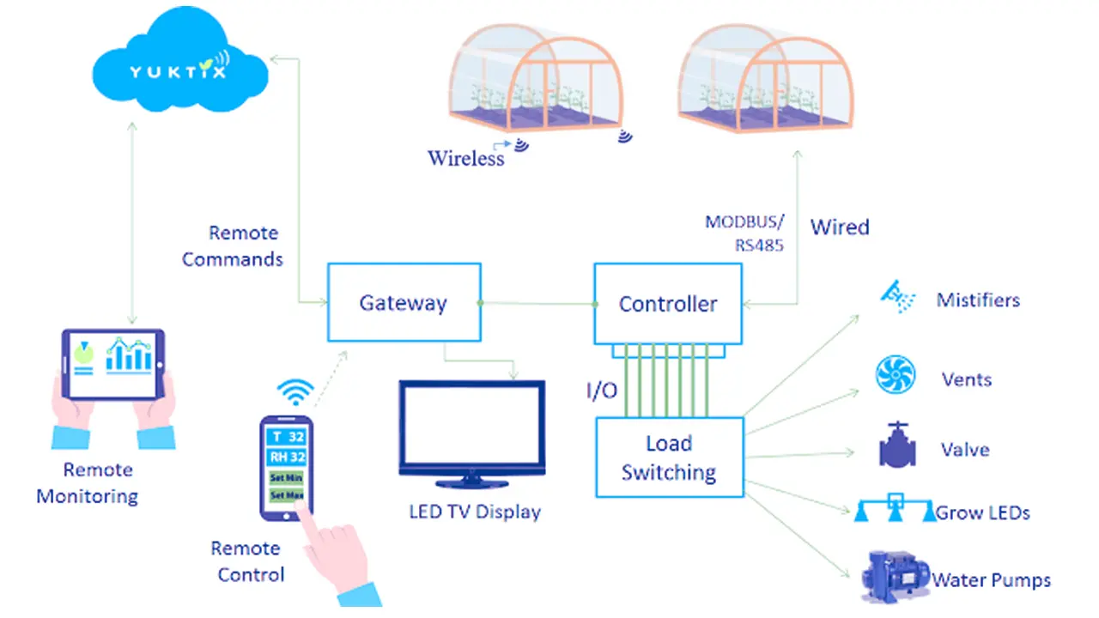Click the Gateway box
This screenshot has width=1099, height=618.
coord(404,302)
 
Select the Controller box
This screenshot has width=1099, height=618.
coord(668,304)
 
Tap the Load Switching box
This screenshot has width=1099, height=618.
coord(669,457)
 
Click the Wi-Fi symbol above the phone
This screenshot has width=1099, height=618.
coord(295,391)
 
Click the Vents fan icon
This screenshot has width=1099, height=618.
coord(896,375)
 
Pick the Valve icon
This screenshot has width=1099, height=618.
coord(897,444)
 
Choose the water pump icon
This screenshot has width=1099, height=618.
coord(894,577)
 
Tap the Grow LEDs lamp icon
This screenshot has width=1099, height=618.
coord(895,510)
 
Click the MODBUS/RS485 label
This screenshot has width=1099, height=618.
coord(744,232)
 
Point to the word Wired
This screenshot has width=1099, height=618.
coord(840,227)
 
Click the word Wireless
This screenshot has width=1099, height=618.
coord(466,158)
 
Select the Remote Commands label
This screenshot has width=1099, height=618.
coord(233,245)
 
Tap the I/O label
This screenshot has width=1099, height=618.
coord(601,391)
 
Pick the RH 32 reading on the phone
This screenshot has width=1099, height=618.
coord(287,457)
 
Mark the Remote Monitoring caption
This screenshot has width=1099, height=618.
coord(87,482)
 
